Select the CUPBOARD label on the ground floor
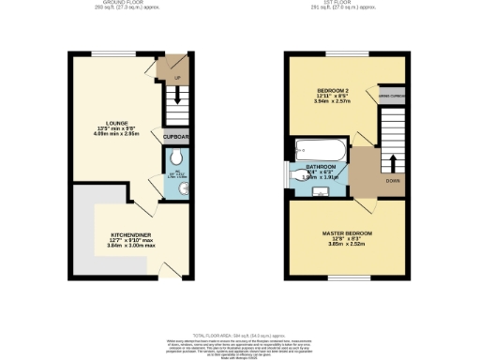(x=176, y=137)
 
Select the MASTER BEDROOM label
(x=347, y=232)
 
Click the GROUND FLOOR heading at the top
(x=122, y=3)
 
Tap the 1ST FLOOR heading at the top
(x=350, y=3)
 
